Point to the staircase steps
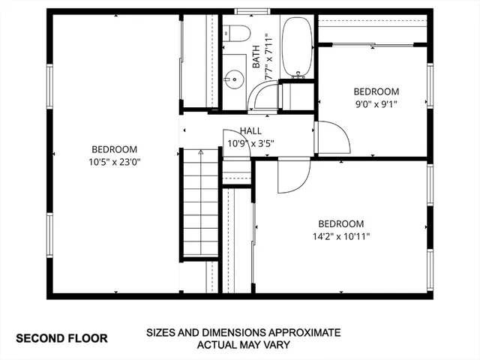coord(200,202)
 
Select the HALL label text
coord(250,131)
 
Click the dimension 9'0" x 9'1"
coord(375,104)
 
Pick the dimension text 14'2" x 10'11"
coord(340,236)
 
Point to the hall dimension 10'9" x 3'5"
coord(250,143)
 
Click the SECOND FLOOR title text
coord(61,338)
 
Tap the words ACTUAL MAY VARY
coord(243,346)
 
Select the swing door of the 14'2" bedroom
coord(292,177)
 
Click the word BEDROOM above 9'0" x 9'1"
coord(376,91)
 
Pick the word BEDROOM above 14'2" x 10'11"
coord(340,223)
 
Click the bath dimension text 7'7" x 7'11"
coord(268,58)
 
